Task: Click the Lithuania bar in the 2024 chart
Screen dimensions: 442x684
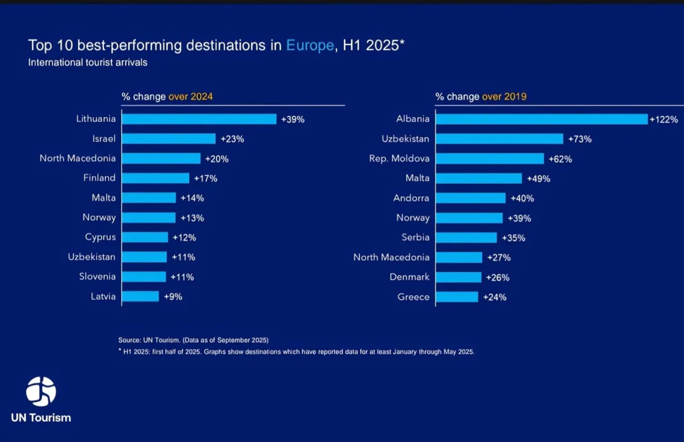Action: [x=199, y=119]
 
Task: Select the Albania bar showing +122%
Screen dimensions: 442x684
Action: [x=541, y=119]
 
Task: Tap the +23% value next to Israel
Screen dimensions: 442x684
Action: [x=232, y=139]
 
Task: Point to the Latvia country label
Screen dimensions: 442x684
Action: [x=103, y=296]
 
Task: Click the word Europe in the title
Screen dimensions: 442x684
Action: [x=310, y=45]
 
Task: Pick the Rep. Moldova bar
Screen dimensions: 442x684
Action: [x=489, y=159]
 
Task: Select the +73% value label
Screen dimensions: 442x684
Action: [x=580, y=139]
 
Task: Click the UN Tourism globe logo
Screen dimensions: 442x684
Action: [x=41, y=392]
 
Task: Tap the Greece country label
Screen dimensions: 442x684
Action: [x=414, y=297]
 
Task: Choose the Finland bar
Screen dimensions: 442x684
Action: [x=156, y=178]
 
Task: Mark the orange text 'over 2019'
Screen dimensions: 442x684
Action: [x=504, y=97]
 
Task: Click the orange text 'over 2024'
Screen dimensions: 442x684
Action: [x=190, y=97]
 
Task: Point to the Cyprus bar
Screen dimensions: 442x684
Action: [x=145, y=237]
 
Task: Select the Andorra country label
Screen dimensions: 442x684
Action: [x=411, y=198]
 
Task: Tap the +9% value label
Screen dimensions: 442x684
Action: [x=173, y=297]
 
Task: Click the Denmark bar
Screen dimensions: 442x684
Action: [x=458, y=277]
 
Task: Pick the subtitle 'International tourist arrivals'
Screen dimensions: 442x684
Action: [x=88, y=63]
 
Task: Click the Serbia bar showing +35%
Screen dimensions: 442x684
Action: [x=466, y=238]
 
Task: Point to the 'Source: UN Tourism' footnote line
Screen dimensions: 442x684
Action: [x=193, y=340]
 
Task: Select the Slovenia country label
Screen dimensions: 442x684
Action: [x=97, y=276]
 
